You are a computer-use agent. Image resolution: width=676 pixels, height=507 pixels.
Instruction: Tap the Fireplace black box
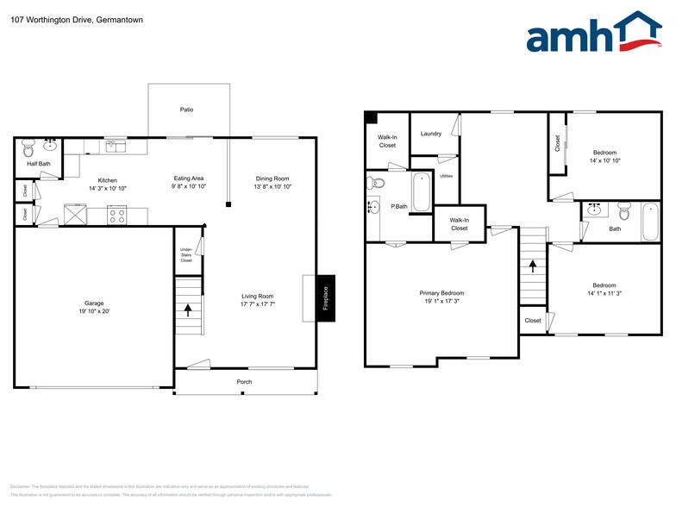pyautogui.click(x=326, y=298)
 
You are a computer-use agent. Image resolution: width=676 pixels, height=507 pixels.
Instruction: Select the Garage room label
pyautogui.click(x=94, y=304)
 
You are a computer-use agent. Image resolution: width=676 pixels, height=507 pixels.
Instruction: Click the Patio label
pyautogui.click(x=186, y=110)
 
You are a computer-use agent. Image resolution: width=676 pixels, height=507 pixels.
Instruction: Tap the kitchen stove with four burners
pyautogui.click(x=116, y=215)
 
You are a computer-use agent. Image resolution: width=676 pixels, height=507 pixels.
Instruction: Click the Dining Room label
pyautogui.click(x=272, y=178)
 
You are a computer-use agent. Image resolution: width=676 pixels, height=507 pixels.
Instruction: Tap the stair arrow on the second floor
pyautogui.click(x=533, y=266)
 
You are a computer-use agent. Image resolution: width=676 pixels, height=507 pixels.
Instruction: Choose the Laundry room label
pyautogui.click(x=431, y=134)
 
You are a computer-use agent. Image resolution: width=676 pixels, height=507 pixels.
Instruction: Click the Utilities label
pyautogui.click(x=447, y=176)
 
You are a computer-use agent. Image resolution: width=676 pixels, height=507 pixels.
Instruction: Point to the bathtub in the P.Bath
pyautogui.click(x=421, y=192)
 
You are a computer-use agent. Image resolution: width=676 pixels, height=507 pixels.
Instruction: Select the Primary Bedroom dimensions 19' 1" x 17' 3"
pyautogui.click(x=441, y=302)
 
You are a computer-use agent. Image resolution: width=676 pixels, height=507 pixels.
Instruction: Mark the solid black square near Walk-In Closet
pyautogui.click(x=370, y=118)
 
